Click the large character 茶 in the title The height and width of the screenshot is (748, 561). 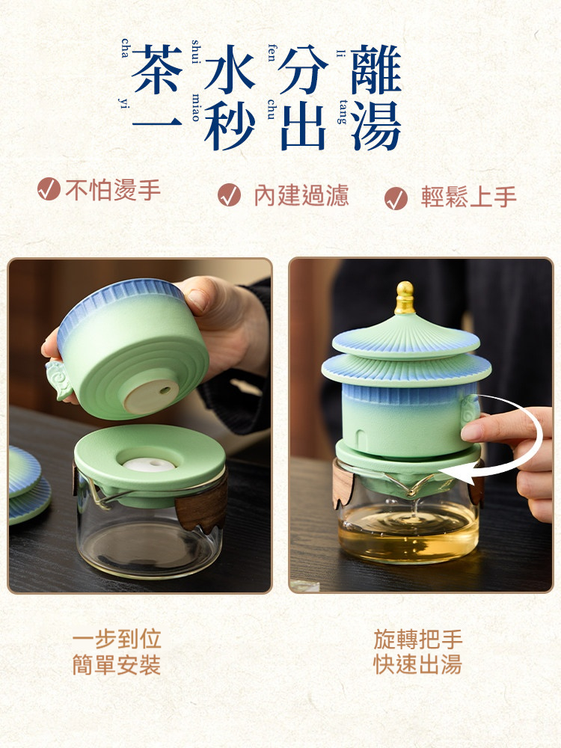[157, 70]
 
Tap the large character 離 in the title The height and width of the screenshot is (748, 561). [376, 70]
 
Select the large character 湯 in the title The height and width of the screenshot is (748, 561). [376, 126]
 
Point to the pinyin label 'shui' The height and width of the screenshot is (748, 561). [195, 52]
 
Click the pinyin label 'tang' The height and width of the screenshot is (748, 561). [342, 111]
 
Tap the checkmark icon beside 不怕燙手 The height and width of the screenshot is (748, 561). [49, 189]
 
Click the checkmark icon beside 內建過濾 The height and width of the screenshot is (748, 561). [229, 195]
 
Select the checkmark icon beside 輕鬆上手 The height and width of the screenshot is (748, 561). [396, 198]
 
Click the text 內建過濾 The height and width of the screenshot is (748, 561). [301, 195]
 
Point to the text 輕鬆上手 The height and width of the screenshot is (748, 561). [469, 197]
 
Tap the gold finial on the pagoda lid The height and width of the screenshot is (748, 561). [405, 298]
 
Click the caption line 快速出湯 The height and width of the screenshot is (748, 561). [418, 664]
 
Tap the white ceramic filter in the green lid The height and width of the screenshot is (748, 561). [149, 464]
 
